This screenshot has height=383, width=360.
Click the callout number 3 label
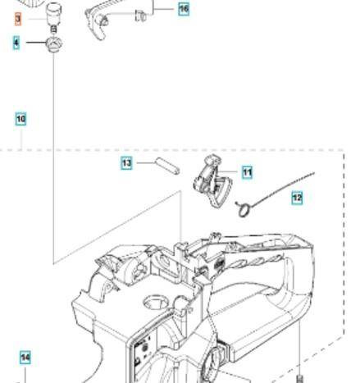coord(18,20)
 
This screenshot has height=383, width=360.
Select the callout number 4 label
coord(16,43)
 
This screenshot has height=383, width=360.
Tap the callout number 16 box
coord(184,9)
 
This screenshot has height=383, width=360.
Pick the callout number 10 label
coord(21,119)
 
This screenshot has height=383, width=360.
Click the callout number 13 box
coord(126,163)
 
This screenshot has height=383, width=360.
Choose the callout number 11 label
coord(247,172)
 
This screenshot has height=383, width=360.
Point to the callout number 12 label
coord(297,197)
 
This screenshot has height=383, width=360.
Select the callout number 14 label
coord(25,358)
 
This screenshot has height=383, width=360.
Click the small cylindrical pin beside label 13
coord(167,166)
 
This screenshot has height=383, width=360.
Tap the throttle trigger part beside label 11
coord(213,182)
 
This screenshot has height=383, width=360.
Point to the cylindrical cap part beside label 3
coord(53,14)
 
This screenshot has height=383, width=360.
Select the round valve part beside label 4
coord(54,44)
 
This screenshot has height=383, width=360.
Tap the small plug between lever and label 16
coord(140,16)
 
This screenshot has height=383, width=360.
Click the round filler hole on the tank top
coord(156,301)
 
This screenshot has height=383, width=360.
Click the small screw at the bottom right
coord(300,380)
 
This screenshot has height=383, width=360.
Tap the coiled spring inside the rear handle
coord(254,262)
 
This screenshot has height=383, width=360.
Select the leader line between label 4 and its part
coord(36,43)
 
